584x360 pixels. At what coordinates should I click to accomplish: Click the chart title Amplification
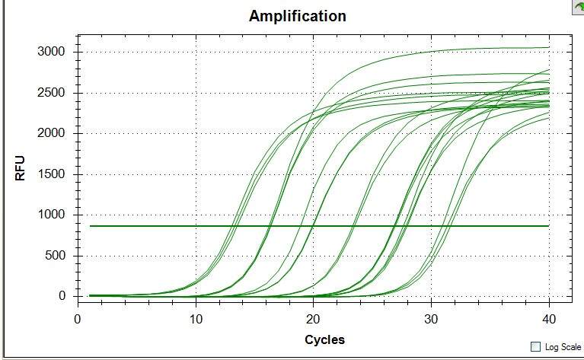coord(297,15)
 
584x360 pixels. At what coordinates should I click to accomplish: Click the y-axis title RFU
coord(21,168)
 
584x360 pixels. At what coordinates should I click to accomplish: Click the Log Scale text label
coord(563,347)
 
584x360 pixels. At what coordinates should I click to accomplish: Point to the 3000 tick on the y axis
coord(51,52)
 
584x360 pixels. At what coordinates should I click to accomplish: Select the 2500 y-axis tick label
coord(51,93)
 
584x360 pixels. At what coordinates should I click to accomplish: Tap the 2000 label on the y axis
coord(51,133)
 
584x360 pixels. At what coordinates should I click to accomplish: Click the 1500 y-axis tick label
coord(51,174)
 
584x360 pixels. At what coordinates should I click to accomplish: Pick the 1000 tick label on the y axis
coord(51,215)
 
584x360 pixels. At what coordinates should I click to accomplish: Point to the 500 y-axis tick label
coord(55,256)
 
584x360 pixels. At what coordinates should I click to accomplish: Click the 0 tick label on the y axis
coord(62,296)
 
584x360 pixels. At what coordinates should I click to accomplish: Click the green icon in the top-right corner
coord(578,6)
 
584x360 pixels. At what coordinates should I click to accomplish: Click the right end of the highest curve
coord(548,47)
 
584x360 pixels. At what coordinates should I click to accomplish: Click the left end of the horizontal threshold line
coord(91,226)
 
